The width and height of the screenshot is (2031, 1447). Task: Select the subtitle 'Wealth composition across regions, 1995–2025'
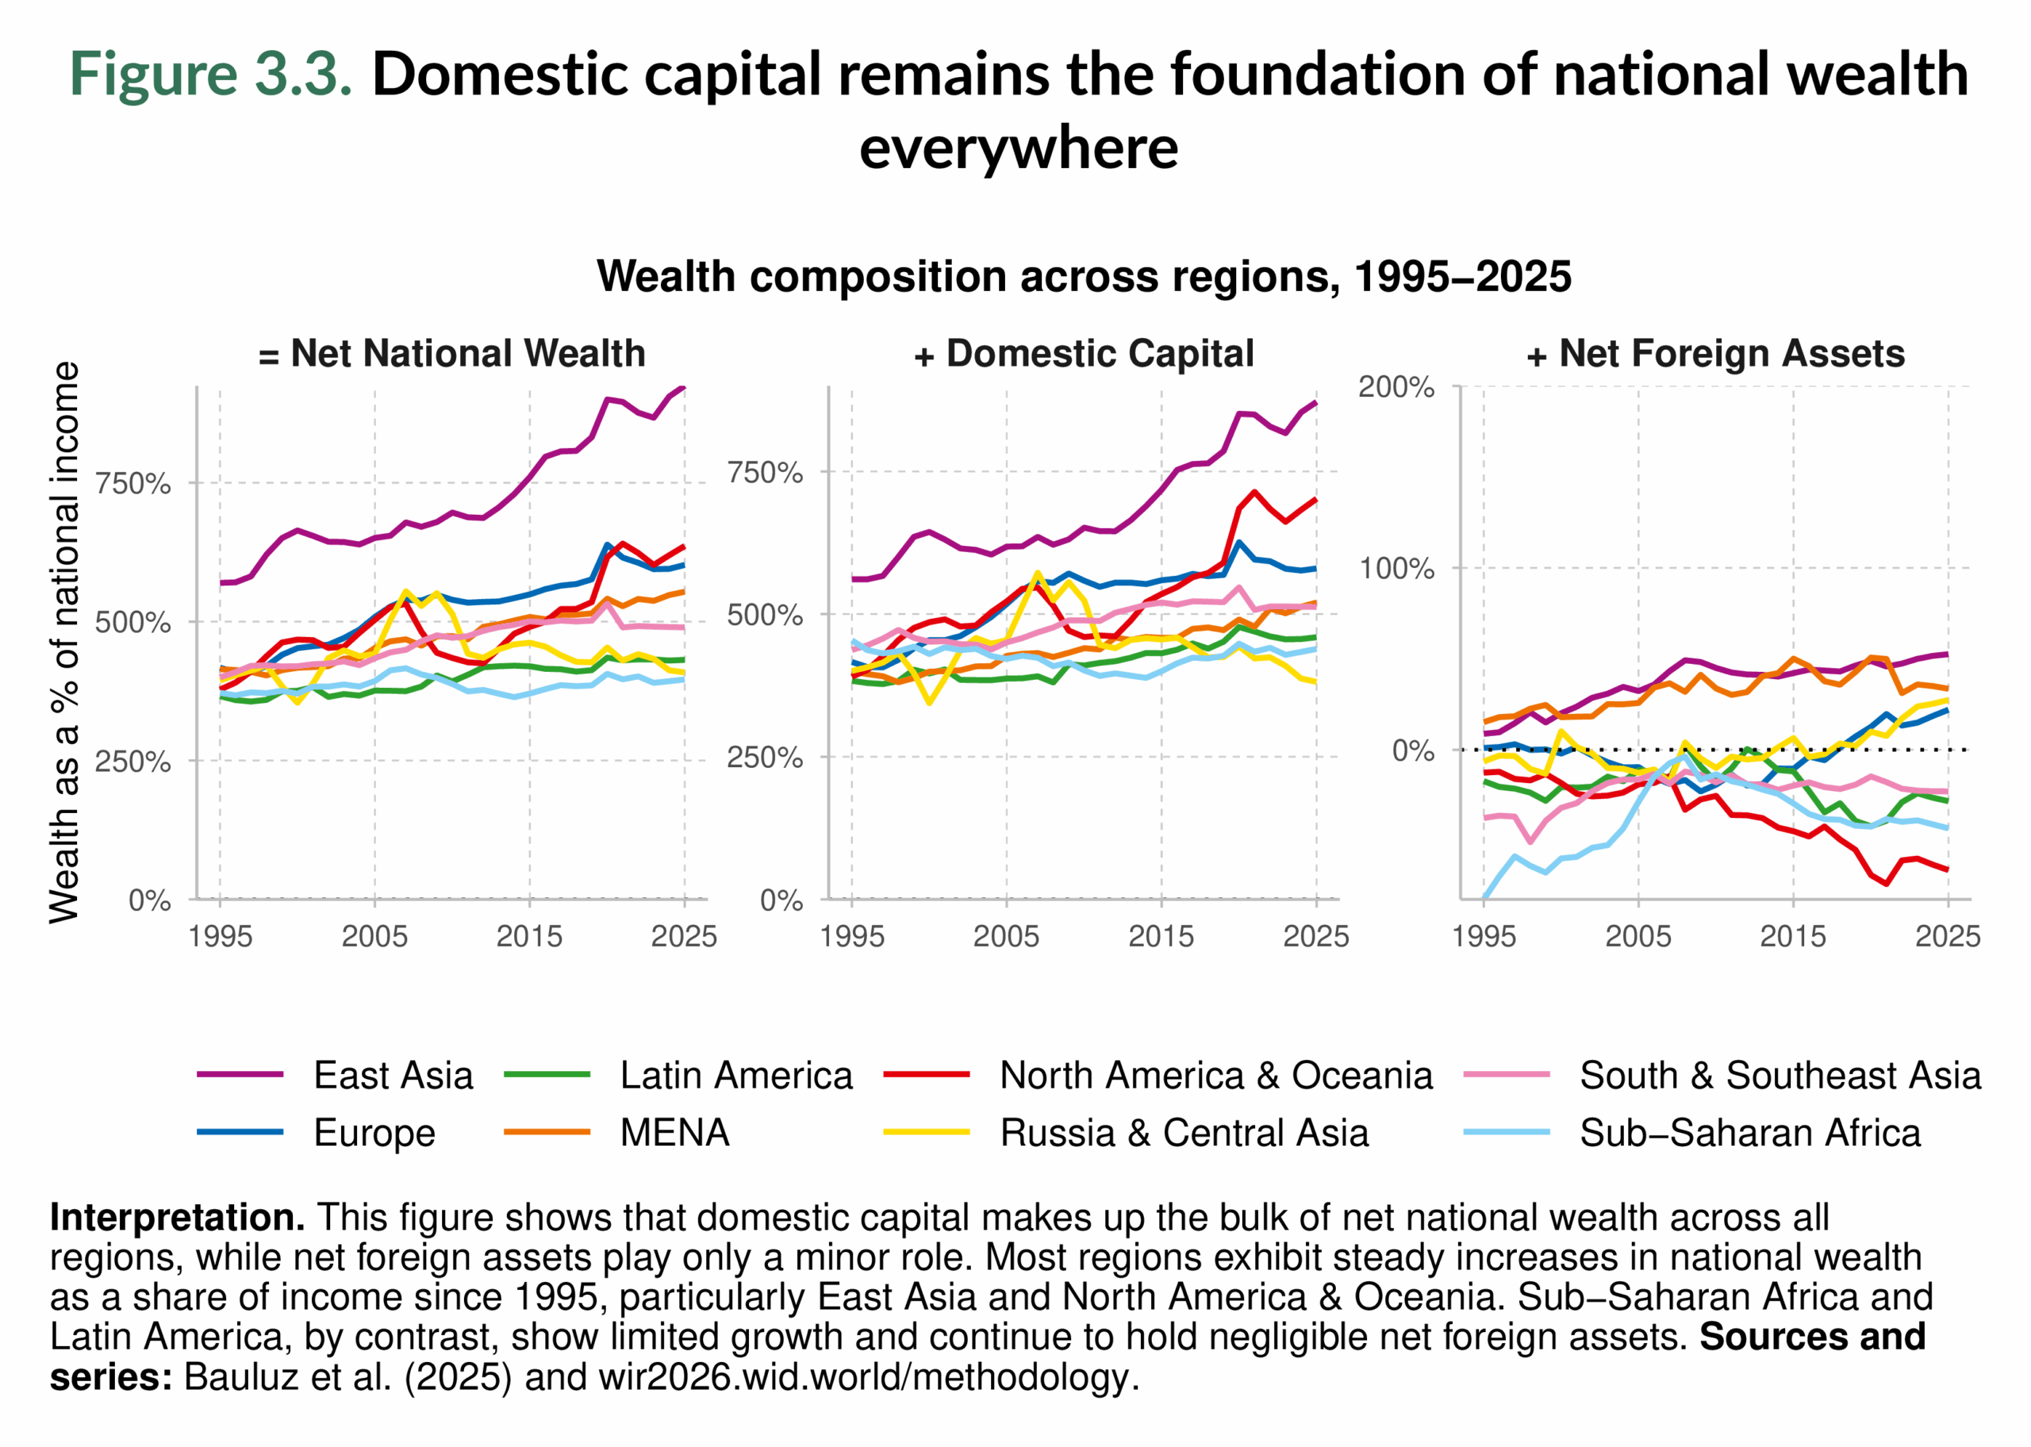click(x=1083, y=276)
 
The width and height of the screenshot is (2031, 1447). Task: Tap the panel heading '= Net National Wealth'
click(x=451, y=354)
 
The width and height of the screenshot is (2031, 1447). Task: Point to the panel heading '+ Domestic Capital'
click(x=1083, y=354)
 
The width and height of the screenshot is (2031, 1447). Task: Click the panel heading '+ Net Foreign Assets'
click(x=1714, y=354)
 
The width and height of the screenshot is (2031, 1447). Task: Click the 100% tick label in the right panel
click(x=1395, y=569)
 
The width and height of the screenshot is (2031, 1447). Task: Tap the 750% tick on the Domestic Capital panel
click(x=764, y=472)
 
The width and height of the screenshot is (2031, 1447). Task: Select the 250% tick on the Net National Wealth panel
click(x=132, y=762)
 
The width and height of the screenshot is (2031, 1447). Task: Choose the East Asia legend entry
click(x=393, y=1076)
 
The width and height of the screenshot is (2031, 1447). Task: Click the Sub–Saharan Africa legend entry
click(x=1749, y=1133)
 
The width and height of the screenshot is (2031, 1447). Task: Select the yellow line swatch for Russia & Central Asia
click(x=926, y=1133)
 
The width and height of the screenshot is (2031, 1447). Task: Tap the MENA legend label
click(x=674, y=1133)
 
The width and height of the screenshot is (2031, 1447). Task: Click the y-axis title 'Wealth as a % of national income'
click(x=64, y=642)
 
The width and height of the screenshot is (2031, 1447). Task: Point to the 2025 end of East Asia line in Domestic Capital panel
click(x=1315, y=403)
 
